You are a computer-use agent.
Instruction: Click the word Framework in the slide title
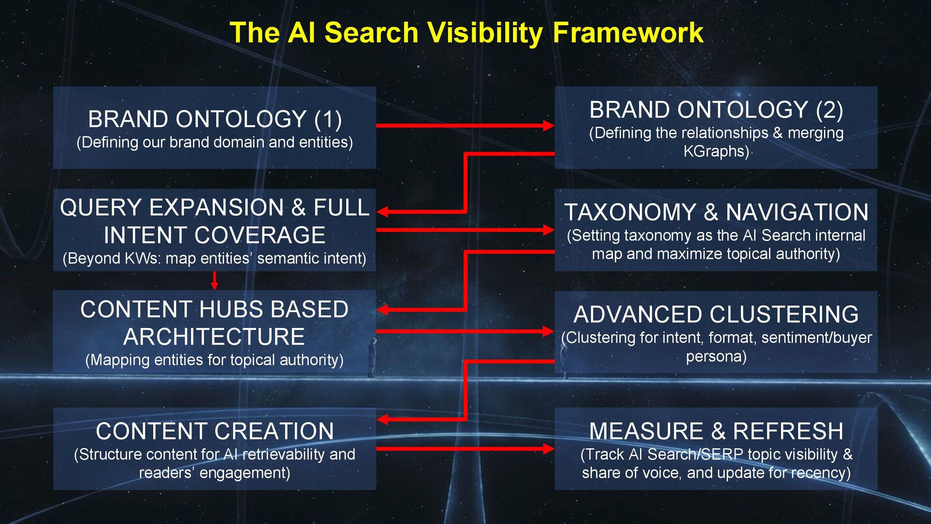(x=628, y=33)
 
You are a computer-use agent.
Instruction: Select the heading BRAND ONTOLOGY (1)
(x=215, y=119)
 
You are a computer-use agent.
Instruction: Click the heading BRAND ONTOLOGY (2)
(x=716, y=110)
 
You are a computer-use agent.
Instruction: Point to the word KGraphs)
(x=716, y=151)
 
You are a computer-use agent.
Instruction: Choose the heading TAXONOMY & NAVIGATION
(x=716, y=213)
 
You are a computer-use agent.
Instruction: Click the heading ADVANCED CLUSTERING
(x=716, y=314)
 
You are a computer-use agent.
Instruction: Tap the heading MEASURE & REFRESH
(x=716, y=431)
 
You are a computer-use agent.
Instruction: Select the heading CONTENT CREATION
(x=215, y=431)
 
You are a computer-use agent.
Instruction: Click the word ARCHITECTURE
(x=214, y=337)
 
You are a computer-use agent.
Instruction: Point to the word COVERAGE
(x=259, y=235)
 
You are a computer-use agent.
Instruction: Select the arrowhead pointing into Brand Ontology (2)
(x=548, y=126)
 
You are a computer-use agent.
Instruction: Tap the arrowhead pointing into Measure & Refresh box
(x=548, y=449)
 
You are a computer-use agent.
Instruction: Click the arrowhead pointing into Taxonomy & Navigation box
(x=548, y=230)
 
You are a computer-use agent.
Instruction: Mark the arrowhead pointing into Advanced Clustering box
(x=548, y=331)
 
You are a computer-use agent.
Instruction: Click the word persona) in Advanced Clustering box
(x=716, y=357)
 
